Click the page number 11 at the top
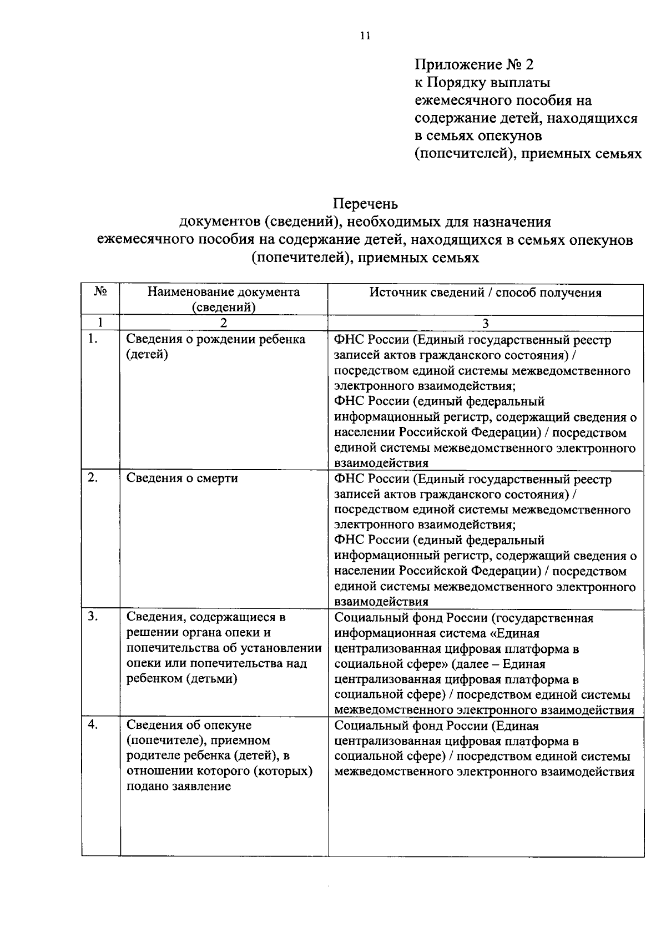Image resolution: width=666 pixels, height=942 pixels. point(365,36)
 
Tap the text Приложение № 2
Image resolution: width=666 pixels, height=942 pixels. point(474,65)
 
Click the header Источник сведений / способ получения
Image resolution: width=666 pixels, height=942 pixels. point(486,293)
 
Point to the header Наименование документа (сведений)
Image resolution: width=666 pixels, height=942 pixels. point(223,299)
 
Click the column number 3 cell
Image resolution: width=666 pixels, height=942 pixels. point(486,324)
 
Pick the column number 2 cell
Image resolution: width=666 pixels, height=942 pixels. point(223,324)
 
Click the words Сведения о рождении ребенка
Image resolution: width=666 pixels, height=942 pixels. point(215,339)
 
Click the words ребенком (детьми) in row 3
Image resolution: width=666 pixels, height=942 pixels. point(182,679)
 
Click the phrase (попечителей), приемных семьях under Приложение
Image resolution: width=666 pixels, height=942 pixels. point(528,154)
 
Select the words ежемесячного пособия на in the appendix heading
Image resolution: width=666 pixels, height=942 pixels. point(503,100)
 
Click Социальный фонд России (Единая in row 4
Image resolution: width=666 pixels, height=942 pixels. point(437,726)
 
